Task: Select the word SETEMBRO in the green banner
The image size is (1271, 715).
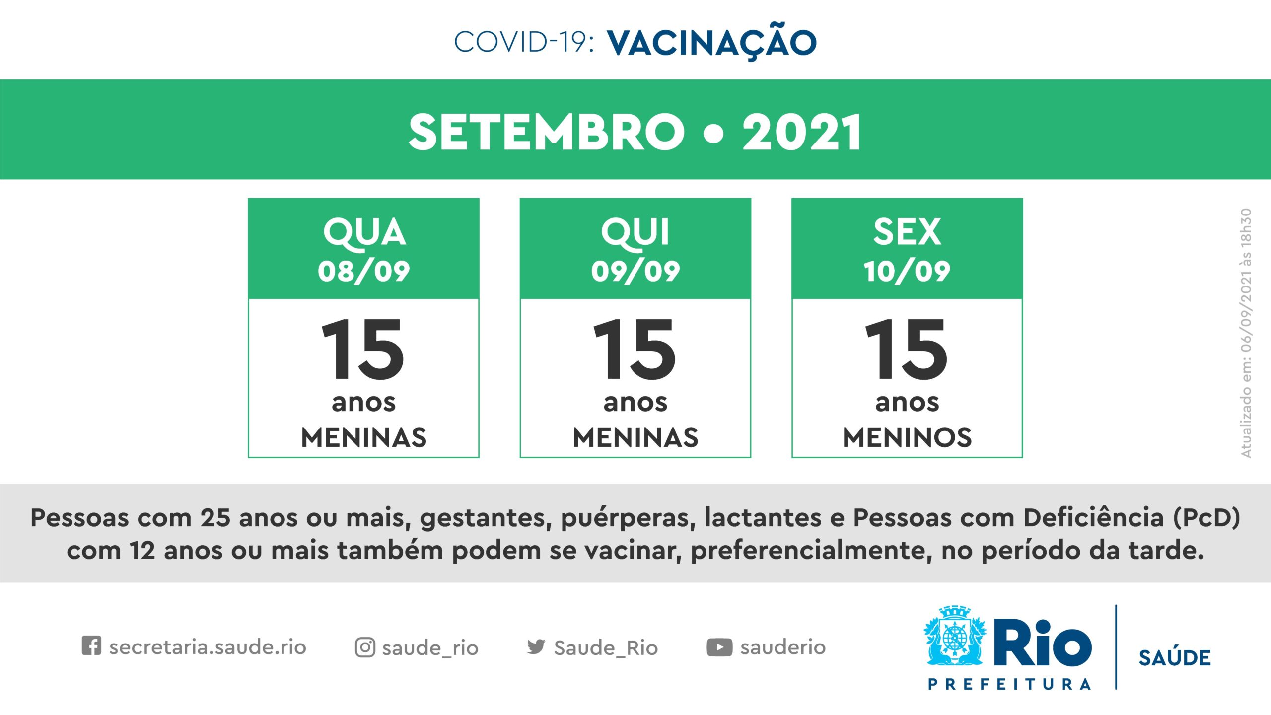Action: (547, 132)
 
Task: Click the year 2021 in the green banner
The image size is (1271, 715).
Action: (802, 132)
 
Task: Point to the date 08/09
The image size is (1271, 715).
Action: (364, 272)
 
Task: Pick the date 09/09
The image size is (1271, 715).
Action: (635, 272)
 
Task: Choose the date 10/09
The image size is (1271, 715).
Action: (907, 272)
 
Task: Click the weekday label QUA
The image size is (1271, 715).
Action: (364, 232)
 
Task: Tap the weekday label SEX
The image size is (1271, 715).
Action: (907, 232)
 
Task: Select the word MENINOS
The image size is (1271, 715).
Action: (907, 437)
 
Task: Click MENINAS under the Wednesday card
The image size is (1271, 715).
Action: (364, 437)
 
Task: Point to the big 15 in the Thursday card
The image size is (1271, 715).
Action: (635, 349)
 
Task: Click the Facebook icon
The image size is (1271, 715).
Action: (91, 646)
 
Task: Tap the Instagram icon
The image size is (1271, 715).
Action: (365, 647)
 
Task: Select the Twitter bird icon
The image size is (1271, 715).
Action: (536, 647)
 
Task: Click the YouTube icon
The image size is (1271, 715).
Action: (719, 647)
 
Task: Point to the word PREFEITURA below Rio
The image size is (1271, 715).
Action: (1009, 684)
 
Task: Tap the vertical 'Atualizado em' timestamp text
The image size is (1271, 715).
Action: (1246, 333)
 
